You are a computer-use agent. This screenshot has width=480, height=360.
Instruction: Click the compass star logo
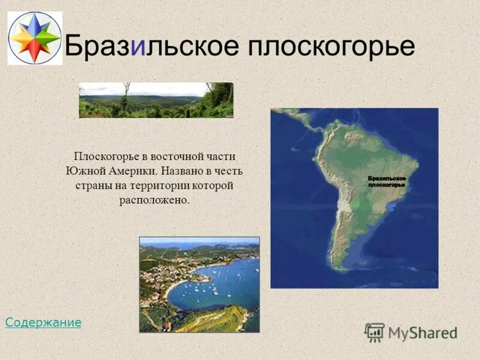click(x=35, y=38)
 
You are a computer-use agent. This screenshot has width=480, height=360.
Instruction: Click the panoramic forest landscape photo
click(x=156, y=100)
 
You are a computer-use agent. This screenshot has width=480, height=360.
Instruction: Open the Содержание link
click(x=43, y=323)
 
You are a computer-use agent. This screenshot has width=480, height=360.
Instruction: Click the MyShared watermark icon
click(x=374, y=332)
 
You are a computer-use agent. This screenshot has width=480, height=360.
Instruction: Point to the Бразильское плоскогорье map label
click(x=386, y=182)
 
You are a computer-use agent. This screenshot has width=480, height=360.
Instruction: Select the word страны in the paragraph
click(x=92, y=185)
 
